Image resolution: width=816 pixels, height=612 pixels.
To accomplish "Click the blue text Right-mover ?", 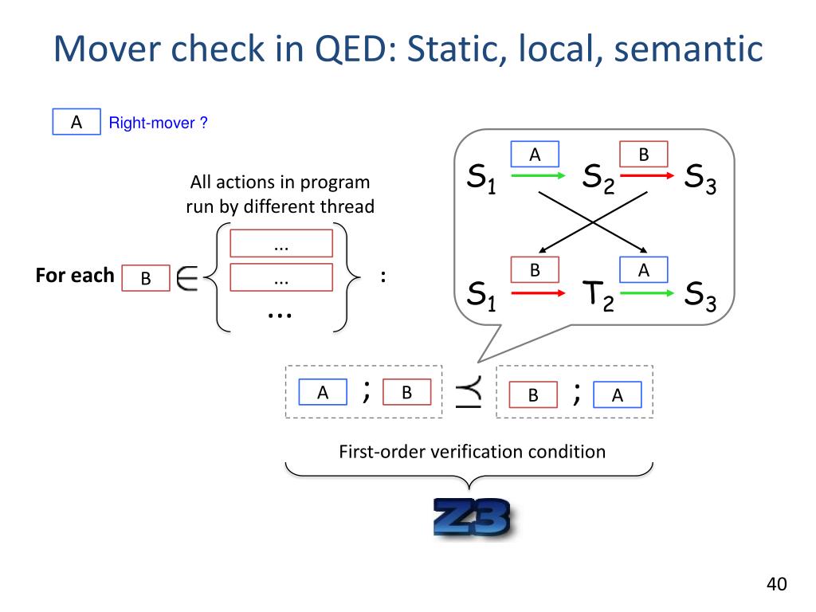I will (x=159, y=124).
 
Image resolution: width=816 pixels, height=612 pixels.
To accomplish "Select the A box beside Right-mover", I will (x=76, y=123).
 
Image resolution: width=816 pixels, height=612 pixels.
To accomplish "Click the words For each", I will (x=75, y=277).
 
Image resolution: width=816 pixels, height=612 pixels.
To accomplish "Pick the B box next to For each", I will (x=146, y=278).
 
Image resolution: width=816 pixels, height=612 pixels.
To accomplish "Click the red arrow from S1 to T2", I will (x=534, y=292).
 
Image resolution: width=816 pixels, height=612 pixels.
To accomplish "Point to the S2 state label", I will (x=598, y=178).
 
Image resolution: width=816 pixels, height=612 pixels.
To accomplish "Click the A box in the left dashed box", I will (x=323, y=392).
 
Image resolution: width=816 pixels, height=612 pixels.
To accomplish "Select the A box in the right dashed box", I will (x=617, y=394).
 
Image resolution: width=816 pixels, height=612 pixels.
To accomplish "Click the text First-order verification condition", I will (x=472, y=452).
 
